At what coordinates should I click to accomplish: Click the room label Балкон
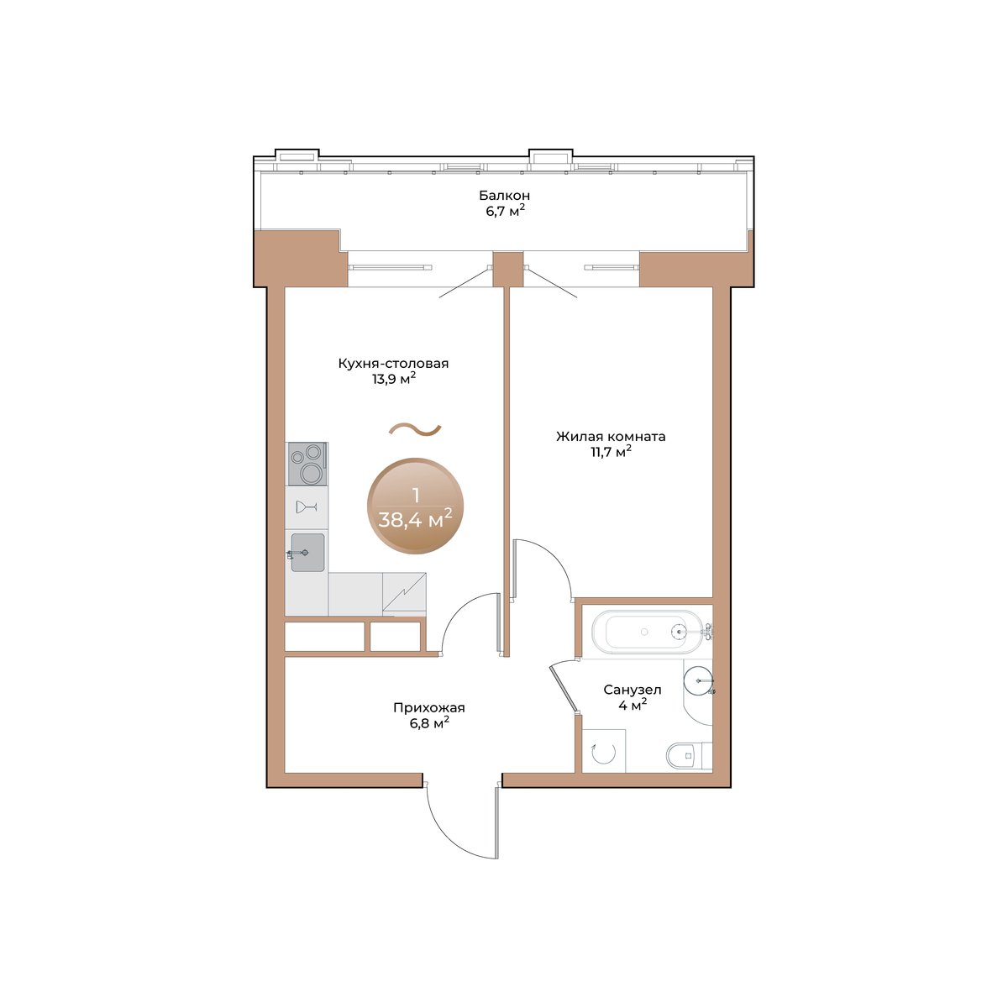[x=504, y=196]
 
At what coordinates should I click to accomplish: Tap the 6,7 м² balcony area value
[x=505, y=212]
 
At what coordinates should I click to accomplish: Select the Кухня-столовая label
[x=393, y=363]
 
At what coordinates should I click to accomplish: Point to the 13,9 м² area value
[x=394, y=379]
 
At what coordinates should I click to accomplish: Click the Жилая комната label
[x=611, y=436]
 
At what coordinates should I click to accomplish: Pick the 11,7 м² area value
[x=611, y=452]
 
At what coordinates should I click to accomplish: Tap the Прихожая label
[x=429, y=708]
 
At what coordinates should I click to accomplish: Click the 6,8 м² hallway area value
[x=429, y=723]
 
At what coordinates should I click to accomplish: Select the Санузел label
[x=633, y=690]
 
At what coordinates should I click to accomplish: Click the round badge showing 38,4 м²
[x=415, y=506]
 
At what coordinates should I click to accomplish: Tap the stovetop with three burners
[x=307, y=464]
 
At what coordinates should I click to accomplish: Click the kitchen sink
[x=307, y=553]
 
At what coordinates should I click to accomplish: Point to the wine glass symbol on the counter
[x=306, y=507]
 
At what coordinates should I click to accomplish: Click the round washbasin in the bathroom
[x=698, y=680]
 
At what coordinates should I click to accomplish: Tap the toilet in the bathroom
[x=689, y=755]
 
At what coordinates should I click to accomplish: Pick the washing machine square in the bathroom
[x=604, y=751]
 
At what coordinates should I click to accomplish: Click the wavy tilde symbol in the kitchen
[x=415, y=429]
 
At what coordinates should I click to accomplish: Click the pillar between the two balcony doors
[x=508, y=270]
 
